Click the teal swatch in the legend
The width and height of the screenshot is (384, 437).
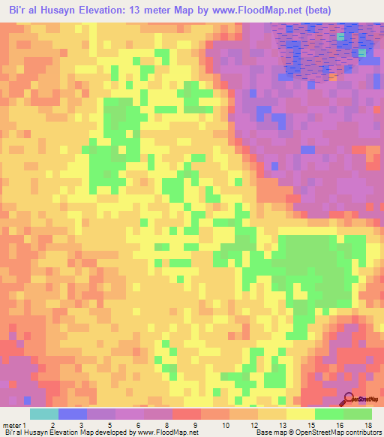(44, 414)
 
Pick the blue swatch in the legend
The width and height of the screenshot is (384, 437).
(73, 414)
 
